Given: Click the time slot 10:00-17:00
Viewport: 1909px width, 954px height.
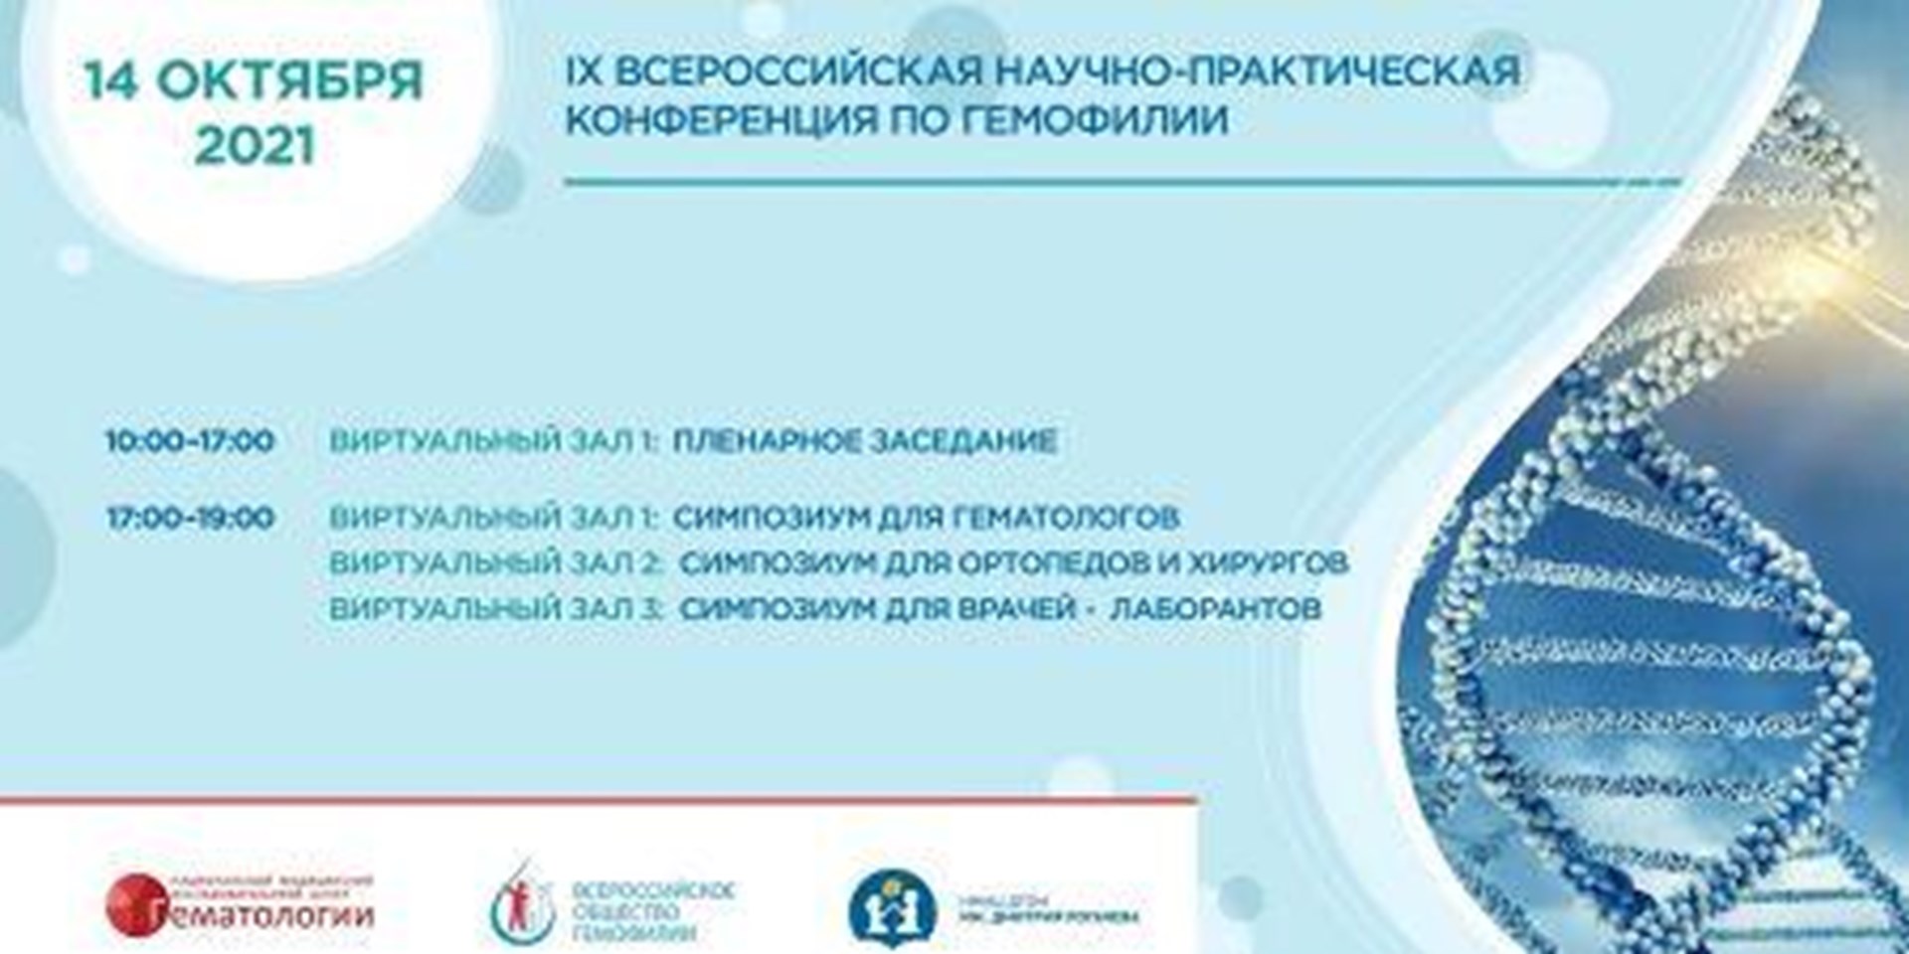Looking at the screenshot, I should coord(190,440).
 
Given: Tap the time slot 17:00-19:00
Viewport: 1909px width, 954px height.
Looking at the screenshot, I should coord(190,518).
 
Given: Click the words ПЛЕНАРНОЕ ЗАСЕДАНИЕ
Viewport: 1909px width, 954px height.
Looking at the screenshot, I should coord(864,440).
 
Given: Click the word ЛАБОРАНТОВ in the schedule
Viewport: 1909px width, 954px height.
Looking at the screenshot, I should coord(1214,608).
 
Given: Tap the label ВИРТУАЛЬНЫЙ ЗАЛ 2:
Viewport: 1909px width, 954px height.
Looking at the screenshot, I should coord(496,562).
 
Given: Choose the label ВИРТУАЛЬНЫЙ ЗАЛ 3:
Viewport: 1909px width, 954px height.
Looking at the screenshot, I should coord(496,608).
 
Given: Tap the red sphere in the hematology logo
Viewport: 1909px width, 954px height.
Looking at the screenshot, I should coord(132,899).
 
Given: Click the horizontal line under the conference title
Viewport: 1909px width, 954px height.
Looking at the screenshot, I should coord(1122,183).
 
